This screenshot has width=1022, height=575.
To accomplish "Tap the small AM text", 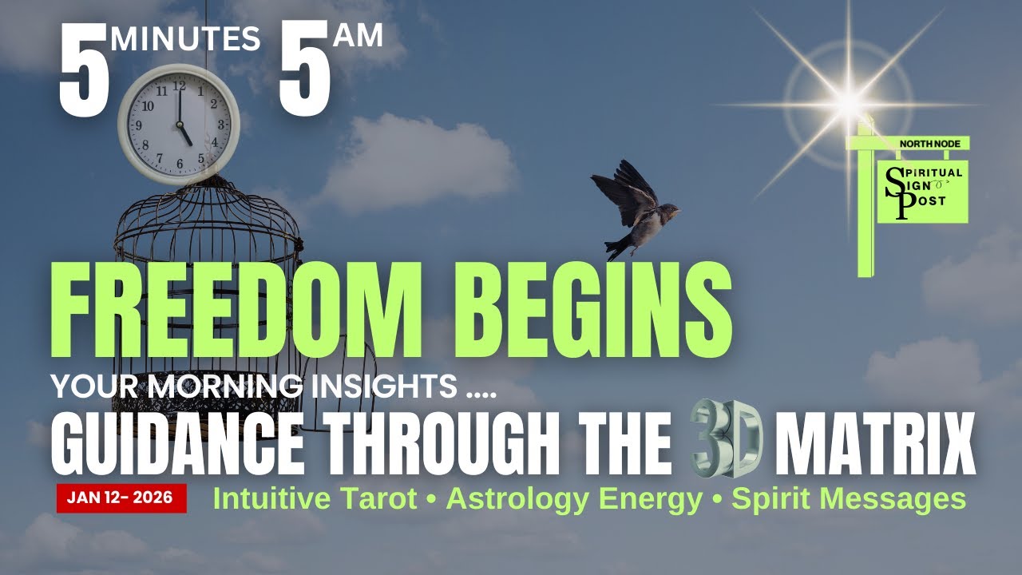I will point(358,34).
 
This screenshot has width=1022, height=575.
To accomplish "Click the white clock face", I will point(179,124).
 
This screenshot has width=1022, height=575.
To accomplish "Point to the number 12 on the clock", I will point(179,84).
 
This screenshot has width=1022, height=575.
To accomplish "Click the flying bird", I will point(632,209).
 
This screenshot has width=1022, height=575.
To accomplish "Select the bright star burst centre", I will point(849,102).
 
